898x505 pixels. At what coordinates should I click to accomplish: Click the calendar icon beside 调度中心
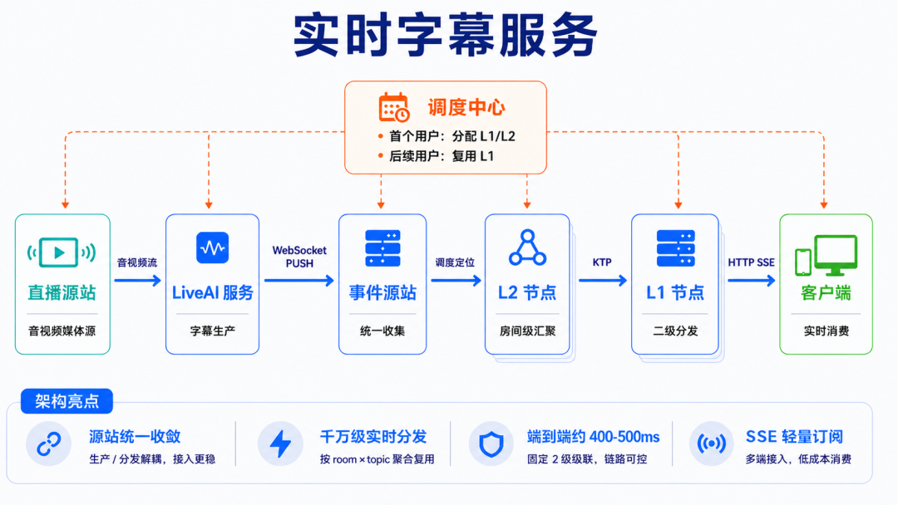tap(394, 107)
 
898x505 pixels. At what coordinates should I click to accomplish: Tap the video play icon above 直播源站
tap(62, 252)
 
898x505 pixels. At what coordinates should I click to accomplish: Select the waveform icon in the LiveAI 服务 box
tap(213, 248)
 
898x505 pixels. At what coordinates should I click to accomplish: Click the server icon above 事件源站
tap(382, 248)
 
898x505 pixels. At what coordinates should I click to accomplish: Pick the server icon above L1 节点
tap(676, 248)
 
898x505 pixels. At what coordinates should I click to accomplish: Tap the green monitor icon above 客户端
tap(826, 255)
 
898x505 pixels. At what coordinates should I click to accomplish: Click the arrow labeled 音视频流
tap(137, 280)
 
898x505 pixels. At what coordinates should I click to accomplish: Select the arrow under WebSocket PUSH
tap(299, 280)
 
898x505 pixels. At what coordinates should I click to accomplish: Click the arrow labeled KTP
tap(603, 280)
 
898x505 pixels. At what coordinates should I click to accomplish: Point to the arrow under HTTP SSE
tap(752, 280)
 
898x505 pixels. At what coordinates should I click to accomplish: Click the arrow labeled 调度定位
tap(456, 280)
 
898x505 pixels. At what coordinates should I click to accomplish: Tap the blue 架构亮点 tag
tap(67, 401)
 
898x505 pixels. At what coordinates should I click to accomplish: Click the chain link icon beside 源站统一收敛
tap(49, 444)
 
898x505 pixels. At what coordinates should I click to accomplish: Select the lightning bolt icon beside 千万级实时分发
tap(280, 444)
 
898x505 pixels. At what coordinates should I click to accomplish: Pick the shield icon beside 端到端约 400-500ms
tap(491, 444)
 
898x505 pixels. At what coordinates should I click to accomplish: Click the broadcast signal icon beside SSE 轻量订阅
tap(711, 444)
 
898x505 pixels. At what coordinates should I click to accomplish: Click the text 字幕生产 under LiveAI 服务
tap(213, 331)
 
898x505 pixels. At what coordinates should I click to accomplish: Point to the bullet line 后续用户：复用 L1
tap(436, 156)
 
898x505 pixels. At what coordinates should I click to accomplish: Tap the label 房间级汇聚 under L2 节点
tap(527, 331)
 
